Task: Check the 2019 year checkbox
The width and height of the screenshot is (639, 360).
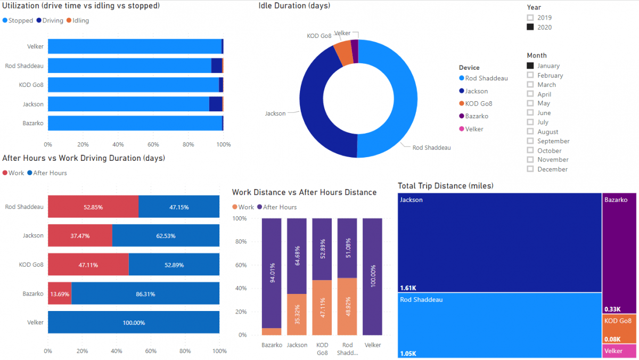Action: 530,18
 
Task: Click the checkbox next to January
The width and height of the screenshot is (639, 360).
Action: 530,66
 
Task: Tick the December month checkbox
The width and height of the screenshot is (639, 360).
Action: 530,169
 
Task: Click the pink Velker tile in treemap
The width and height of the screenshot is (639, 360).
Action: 620,351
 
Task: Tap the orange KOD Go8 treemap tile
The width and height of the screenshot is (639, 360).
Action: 620,329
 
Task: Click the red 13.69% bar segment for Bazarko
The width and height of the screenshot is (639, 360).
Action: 59,293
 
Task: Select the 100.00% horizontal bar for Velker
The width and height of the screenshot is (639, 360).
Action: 134,322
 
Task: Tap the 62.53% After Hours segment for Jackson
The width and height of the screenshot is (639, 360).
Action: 166,235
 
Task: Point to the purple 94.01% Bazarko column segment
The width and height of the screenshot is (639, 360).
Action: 272,273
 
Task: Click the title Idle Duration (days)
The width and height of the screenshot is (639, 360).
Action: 294,6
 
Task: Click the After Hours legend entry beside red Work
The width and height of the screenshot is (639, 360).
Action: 50,173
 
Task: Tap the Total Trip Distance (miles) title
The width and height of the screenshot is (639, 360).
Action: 445,186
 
